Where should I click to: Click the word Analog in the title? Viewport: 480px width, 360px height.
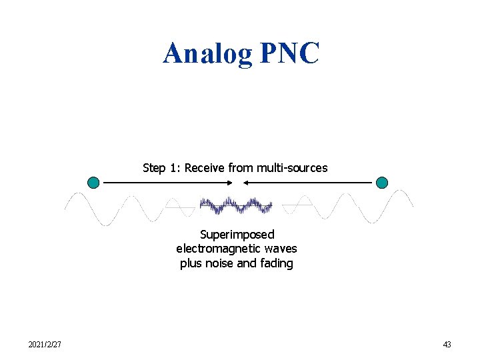pos(207,53)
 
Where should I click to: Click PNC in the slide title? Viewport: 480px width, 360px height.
pos(289,53)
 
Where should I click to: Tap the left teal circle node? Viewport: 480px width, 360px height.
pos(93,182)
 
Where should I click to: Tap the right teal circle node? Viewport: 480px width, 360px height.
pos(382,182)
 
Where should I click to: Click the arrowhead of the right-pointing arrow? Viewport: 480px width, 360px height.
pos(229,182)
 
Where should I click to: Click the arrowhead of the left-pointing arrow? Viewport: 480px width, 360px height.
pos(246,182)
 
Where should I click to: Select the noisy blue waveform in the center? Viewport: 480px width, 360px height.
pos(237,205)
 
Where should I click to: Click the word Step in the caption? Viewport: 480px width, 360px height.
pos(154,168)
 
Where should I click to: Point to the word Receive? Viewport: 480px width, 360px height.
pos(205,168)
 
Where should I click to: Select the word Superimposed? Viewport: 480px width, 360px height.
pos(237,235)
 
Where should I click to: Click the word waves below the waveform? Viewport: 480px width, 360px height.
pos(280,249)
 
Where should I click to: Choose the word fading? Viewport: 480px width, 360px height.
pos(277,263)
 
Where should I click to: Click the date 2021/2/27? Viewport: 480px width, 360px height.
pos(45,345)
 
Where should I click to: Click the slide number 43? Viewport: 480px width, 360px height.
pos(447,345)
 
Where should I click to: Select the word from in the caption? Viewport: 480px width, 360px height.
pos(240,168)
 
